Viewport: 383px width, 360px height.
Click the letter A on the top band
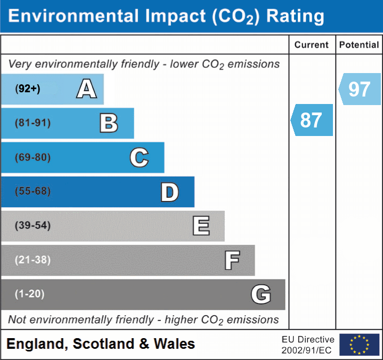click(x=86, y=89)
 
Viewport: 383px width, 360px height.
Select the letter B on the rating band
click(x=109, y=123)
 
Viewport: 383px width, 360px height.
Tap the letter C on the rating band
click(x=139, y=157)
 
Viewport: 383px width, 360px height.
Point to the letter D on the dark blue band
click(x=169, y=192)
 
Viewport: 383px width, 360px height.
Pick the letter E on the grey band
click(x=201, y=226)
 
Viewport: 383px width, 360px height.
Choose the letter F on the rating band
click(x=232, y=260)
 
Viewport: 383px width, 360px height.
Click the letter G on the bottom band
click(x=261, y=294)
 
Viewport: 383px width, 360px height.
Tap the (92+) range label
click(x=28, y=89)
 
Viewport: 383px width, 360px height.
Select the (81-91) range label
click(x=32, y=123)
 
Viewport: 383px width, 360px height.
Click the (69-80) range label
click(x=32, y=157)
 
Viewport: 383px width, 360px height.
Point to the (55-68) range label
click(x=32, y=191)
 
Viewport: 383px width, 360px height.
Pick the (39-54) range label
click(x=32, y=226)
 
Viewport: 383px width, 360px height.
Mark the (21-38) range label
click(x=32, y=260)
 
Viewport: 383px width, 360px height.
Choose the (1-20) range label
click(x=30, y=294)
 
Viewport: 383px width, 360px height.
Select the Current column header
click(x=312, y=45)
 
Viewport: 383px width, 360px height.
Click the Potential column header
click(x=359, y=45)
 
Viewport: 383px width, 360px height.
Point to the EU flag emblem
click(x=359, y=345)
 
